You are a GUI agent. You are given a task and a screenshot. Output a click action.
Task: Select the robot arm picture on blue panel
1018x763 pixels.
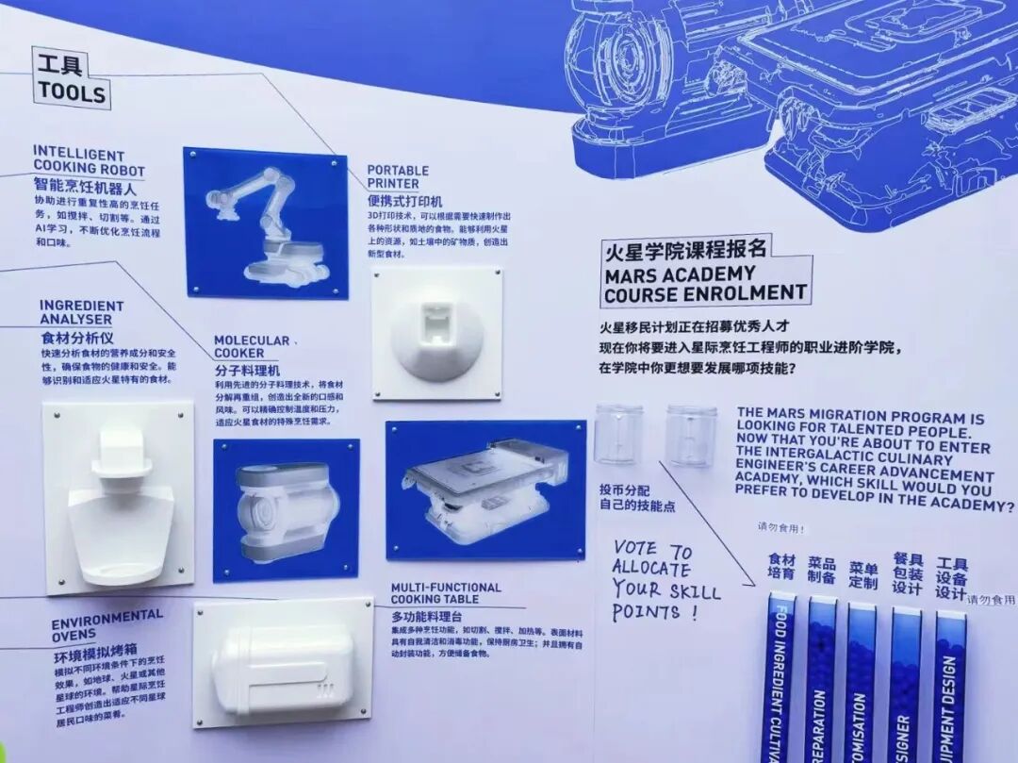[x=265, y=223]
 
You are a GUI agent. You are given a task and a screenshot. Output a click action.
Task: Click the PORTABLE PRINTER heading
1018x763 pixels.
[x=398, y=176]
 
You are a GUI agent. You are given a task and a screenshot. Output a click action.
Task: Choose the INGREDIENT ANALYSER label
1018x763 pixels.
[x=81, y=312]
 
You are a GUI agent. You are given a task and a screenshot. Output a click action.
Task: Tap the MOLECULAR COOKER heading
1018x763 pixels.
[x=252, y=346]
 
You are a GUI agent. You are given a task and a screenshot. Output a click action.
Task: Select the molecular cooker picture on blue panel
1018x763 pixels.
[x=285, y=509]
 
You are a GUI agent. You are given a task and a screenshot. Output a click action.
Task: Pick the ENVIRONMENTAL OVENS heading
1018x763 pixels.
[x=107, y=624]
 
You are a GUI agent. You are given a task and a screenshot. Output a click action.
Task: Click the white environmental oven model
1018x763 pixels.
[x=283, y=662]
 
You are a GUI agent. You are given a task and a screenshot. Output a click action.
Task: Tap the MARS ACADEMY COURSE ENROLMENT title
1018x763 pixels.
[x=706, y=283]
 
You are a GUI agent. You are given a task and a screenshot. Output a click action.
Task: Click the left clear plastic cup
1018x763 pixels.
[x=618, y=434]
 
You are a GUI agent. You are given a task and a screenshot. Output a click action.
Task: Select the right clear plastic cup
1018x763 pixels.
[x=691, y=435]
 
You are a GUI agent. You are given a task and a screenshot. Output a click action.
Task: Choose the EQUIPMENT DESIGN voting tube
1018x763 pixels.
[x=949, y=684]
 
